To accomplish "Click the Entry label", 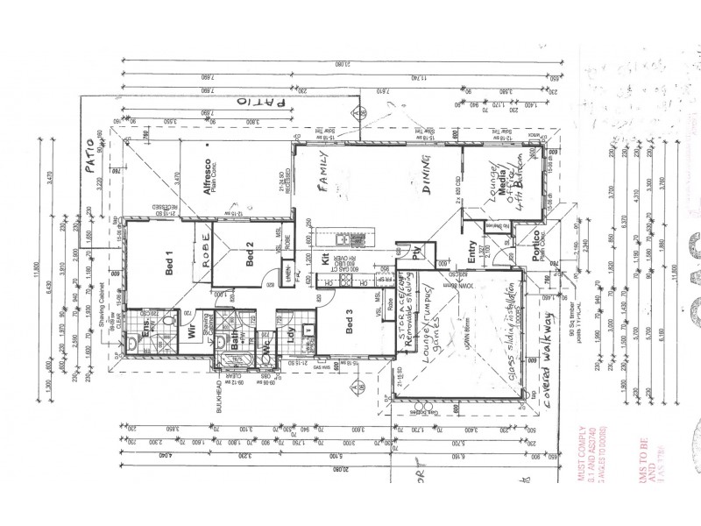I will click(x=472, y=251).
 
